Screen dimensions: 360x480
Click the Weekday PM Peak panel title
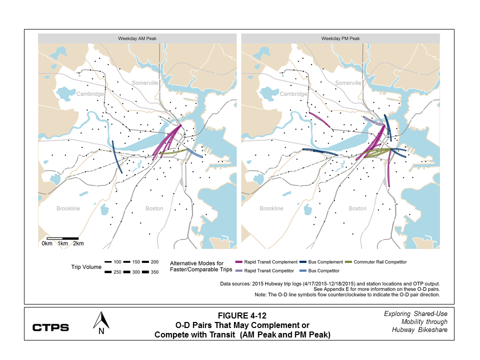click(339, 38)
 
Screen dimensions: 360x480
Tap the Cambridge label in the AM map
click(90, 94)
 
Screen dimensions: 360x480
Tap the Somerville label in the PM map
click(347, 83)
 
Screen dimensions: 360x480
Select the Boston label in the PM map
click(357, 208)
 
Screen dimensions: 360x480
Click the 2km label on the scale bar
click(78, 243)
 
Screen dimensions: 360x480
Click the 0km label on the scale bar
click(47, 243)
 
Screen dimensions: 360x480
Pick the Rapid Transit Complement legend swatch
click(238, 262)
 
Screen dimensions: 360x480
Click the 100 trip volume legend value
click(118, 262)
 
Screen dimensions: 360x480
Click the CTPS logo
click(50, 328)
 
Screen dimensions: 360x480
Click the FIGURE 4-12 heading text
click(242, 315)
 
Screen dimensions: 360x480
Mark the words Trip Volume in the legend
click(86, 267)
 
